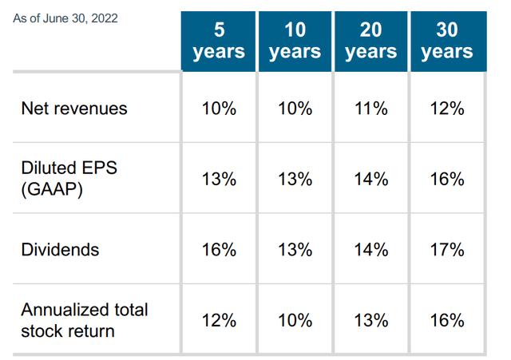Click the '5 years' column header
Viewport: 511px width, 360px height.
(219, 41)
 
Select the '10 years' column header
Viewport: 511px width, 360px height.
(295, 41)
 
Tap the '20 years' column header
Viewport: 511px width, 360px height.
(370, 41)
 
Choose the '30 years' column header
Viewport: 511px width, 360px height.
(446, 41)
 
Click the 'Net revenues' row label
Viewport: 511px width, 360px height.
(74, 109)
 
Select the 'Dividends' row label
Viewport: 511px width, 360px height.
(61, 250)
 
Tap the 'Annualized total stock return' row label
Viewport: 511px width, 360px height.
(85, 320)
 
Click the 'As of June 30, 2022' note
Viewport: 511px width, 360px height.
(65, 18)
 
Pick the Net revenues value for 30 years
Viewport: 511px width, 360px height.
(446, 109)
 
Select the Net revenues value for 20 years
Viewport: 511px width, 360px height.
(370, 109)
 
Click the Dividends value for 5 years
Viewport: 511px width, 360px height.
(219, 250)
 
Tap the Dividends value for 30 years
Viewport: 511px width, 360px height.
(446, 250)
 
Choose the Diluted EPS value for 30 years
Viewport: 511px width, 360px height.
(446, 179)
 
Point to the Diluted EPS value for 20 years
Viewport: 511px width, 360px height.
(370, 179)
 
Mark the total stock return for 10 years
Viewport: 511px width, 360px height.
(295, 320)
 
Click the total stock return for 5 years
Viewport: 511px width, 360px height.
(219, 320)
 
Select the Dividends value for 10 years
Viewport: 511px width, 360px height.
(295, 250)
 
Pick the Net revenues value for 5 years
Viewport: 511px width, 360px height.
(219, 109)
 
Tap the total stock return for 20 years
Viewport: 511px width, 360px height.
(370, 320)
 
